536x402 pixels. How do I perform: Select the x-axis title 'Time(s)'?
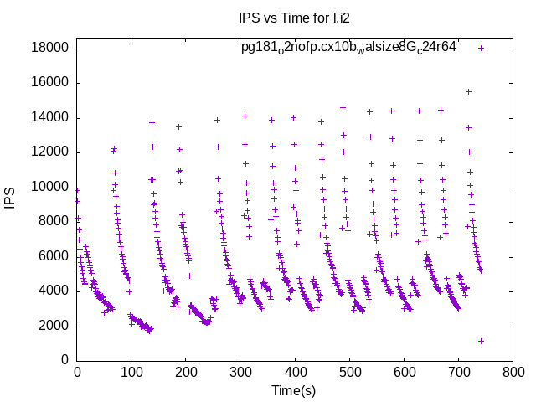(293, 391)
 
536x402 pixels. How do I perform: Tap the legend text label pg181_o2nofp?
(348, 48)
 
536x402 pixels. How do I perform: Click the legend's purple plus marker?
(481, 48)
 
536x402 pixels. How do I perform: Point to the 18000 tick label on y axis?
(49, 48)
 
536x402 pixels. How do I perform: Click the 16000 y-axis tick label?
(49, 82)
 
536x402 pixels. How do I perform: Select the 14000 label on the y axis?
(49, 117)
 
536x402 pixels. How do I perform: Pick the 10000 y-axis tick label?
(49, 187)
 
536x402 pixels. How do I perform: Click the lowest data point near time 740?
(481, 341)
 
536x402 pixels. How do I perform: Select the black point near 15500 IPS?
(468, 91)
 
